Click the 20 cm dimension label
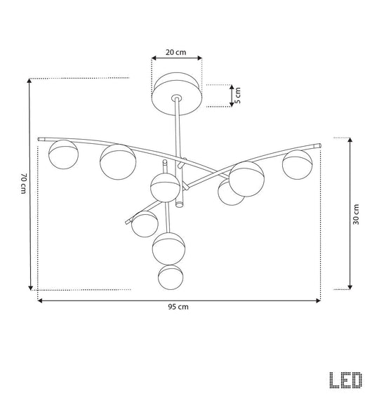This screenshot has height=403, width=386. [x=175, y=52]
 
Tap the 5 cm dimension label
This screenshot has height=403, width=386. [x=238, y=95]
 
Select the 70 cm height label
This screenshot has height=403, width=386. [x=23, y=183]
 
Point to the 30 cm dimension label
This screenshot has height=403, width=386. [x=356, y=214]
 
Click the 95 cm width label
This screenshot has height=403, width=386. [x=178, y=307]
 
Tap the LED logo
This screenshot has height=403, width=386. [x=346, y=380]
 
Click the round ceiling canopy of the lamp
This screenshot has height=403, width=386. [x=177, y=94]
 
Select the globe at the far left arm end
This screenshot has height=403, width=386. [x=63, y=154]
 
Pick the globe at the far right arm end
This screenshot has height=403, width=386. [x=298, y=164]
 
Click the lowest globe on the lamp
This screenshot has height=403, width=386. [x=171, y=277]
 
